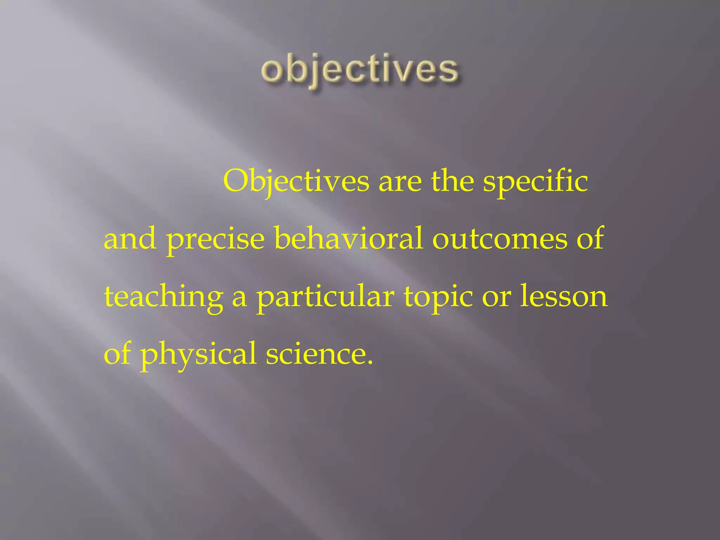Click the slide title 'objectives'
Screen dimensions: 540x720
click(360, 70)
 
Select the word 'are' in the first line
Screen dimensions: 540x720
click(400, 182)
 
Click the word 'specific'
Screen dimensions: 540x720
click(535, 182)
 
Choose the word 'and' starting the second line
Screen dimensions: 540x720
click(130, 239)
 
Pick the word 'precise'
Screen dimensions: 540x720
click(215, 240)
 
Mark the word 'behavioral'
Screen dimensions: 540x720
click(348, 238)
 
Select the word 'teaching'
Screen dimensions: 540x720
click(163, 297)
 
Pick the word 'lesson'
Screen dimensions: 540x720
click(564, 296)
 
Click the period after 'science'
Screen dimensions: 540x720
click(369, 362)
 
